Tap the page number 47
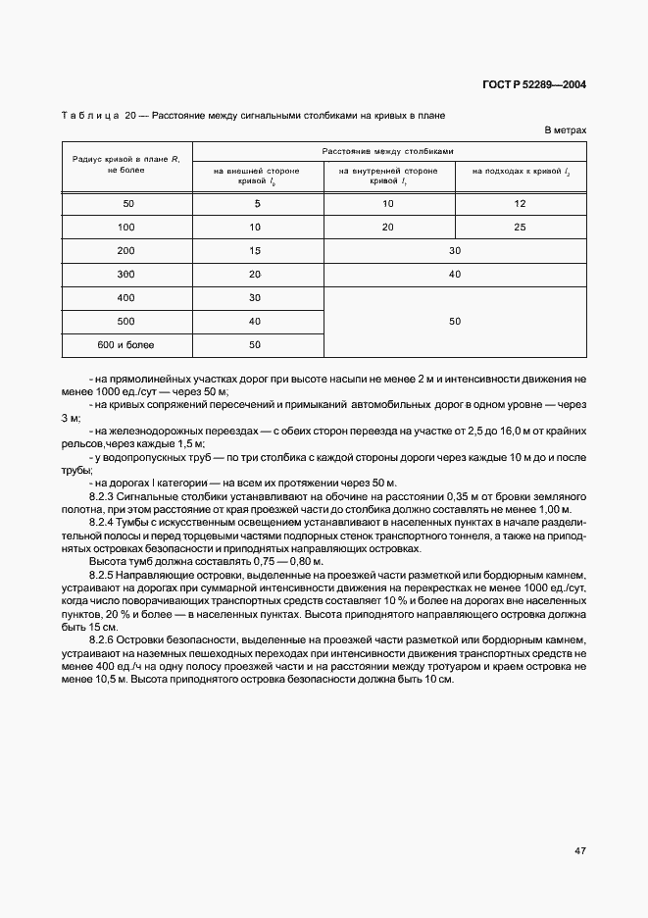[579, 850]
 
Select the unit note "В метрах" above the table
[566, 130]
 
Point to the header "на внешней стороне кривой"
[256, 177]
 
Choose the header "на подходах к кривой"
[521, 172]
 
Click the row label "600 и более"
[126, 345]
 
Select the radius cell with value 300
[126, 275]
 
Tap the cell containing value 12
[520, 204]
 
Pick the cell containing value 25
[520, 228]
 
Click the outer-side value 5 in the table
[256, 204]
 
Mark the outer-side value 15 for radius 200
[256, 251]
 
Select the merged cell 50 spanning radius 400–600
[454, 322]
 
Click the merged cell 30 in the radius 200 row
[454, 251]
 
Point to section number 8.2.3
[103, 498]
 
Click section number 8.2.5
[103, 574]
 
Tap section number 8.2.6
[103, 638]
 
